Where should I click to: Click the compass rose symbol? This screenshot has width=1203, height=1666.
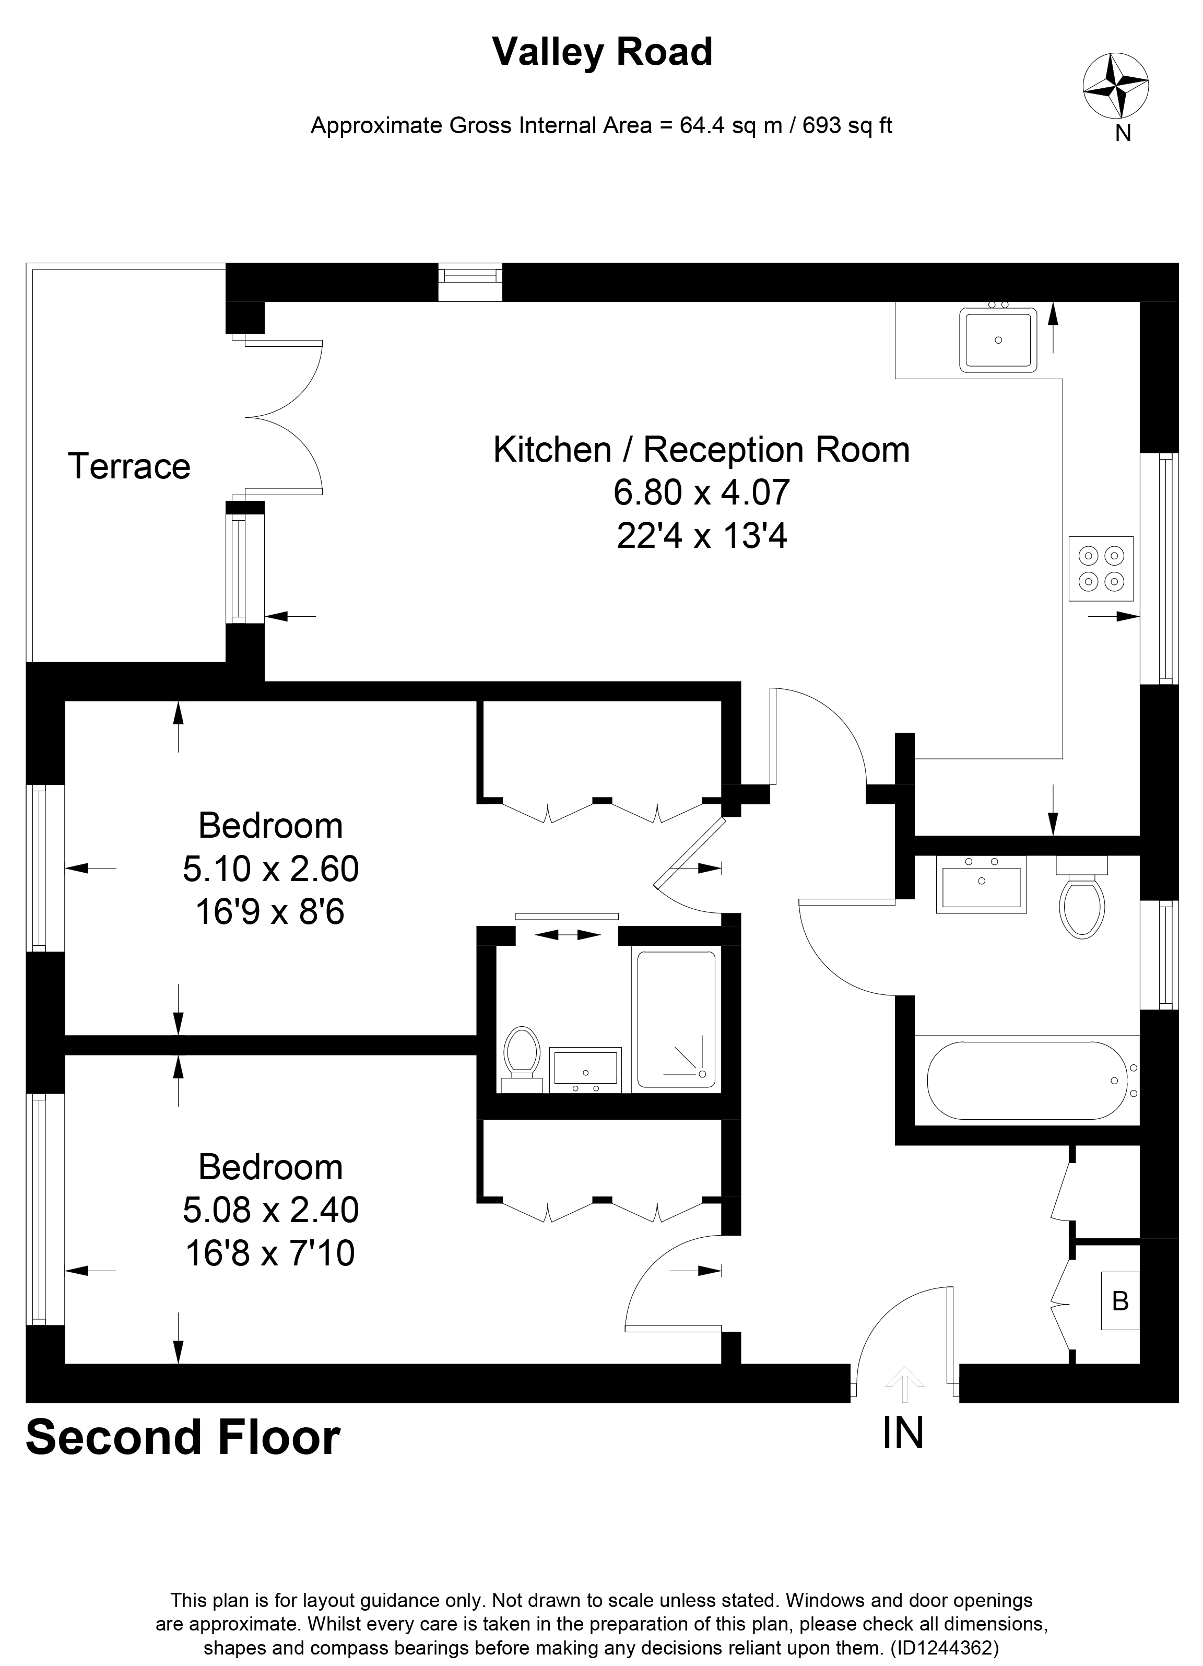(1116, 86)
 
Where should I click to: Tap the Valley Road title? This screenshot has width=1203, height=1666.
(602, 52)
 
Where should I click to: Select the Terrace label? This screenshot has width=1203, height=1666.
(129, 466)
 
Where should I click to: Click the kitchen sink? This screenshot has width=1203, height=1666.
(998, 338)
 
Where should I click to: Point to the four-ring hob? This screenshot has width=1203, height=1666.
(1101, 569)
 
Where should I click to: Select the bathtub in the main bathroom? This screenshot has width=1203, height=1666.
(1032, 1081)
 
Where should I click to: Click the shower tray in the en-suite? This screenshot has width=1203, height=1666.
(676, 1019)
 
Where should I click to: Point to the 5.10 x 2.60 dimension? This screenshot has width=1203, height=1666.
(270, 869)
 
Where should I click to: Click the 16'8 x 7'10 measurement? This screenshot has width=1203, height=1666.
(270, 1253)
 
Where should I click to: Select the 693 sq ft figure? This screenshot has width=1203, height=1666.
(847, 126)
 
